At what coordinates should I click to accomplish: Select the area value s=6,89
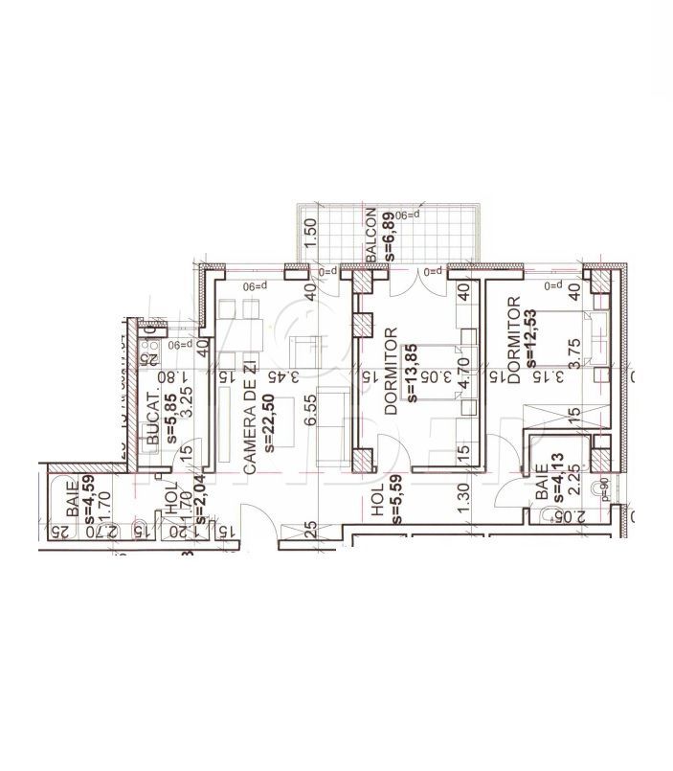point(391,236)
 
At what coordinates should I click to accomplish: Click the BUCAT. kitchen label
point(153,420)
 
